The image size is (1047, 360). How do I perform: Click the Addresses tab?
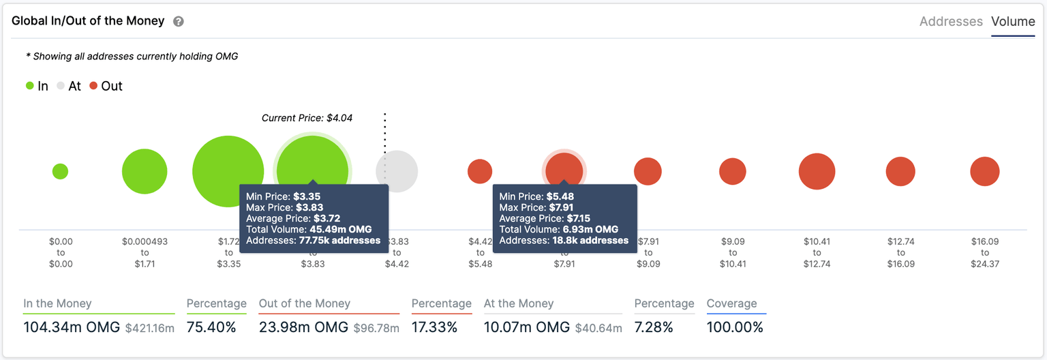(951, 22)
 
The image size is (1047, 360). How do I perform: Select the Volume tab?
(1013, 22)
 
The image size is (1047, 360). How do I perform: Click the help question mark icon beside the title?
(179, 22)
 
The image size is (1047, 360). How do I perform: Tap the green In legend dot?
(30, 86)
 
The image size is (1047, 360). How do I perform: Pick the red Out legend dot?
(93, 86)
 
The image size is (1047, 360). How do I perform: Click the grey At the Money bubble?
(397, 171)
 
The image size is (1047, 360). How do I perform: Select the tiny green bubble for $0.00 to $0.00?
(60, 171)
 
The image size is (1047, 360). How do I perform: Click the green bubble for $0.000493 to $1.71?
(145, 171)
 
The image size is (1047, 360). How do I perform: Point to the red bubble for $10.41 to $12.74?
(817, 171)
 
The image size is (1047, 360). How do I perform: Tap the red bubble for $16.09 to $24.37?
(984, 171)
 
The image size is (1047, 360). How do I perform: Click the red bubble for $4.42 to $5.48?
(480, 171)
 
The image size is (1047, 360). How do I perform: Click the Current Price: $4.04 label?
(307, 118)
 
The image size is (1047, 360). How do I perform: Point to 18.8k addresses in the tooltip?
(590, 240)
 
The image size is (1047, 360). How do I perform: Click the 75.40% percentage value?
(211, 327)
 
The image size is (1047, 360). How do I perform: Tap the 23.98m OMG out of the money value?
(303, 327)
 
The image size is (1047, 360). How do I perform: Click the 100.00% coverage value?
(735, 327)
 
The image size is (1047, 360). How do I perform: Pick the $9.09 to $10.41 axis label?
(733, 252)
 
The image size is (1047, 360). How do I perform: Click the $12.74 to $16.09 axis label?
(900, 252)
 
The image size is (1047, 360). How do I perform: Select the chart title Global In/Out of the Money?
(88, 21)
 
